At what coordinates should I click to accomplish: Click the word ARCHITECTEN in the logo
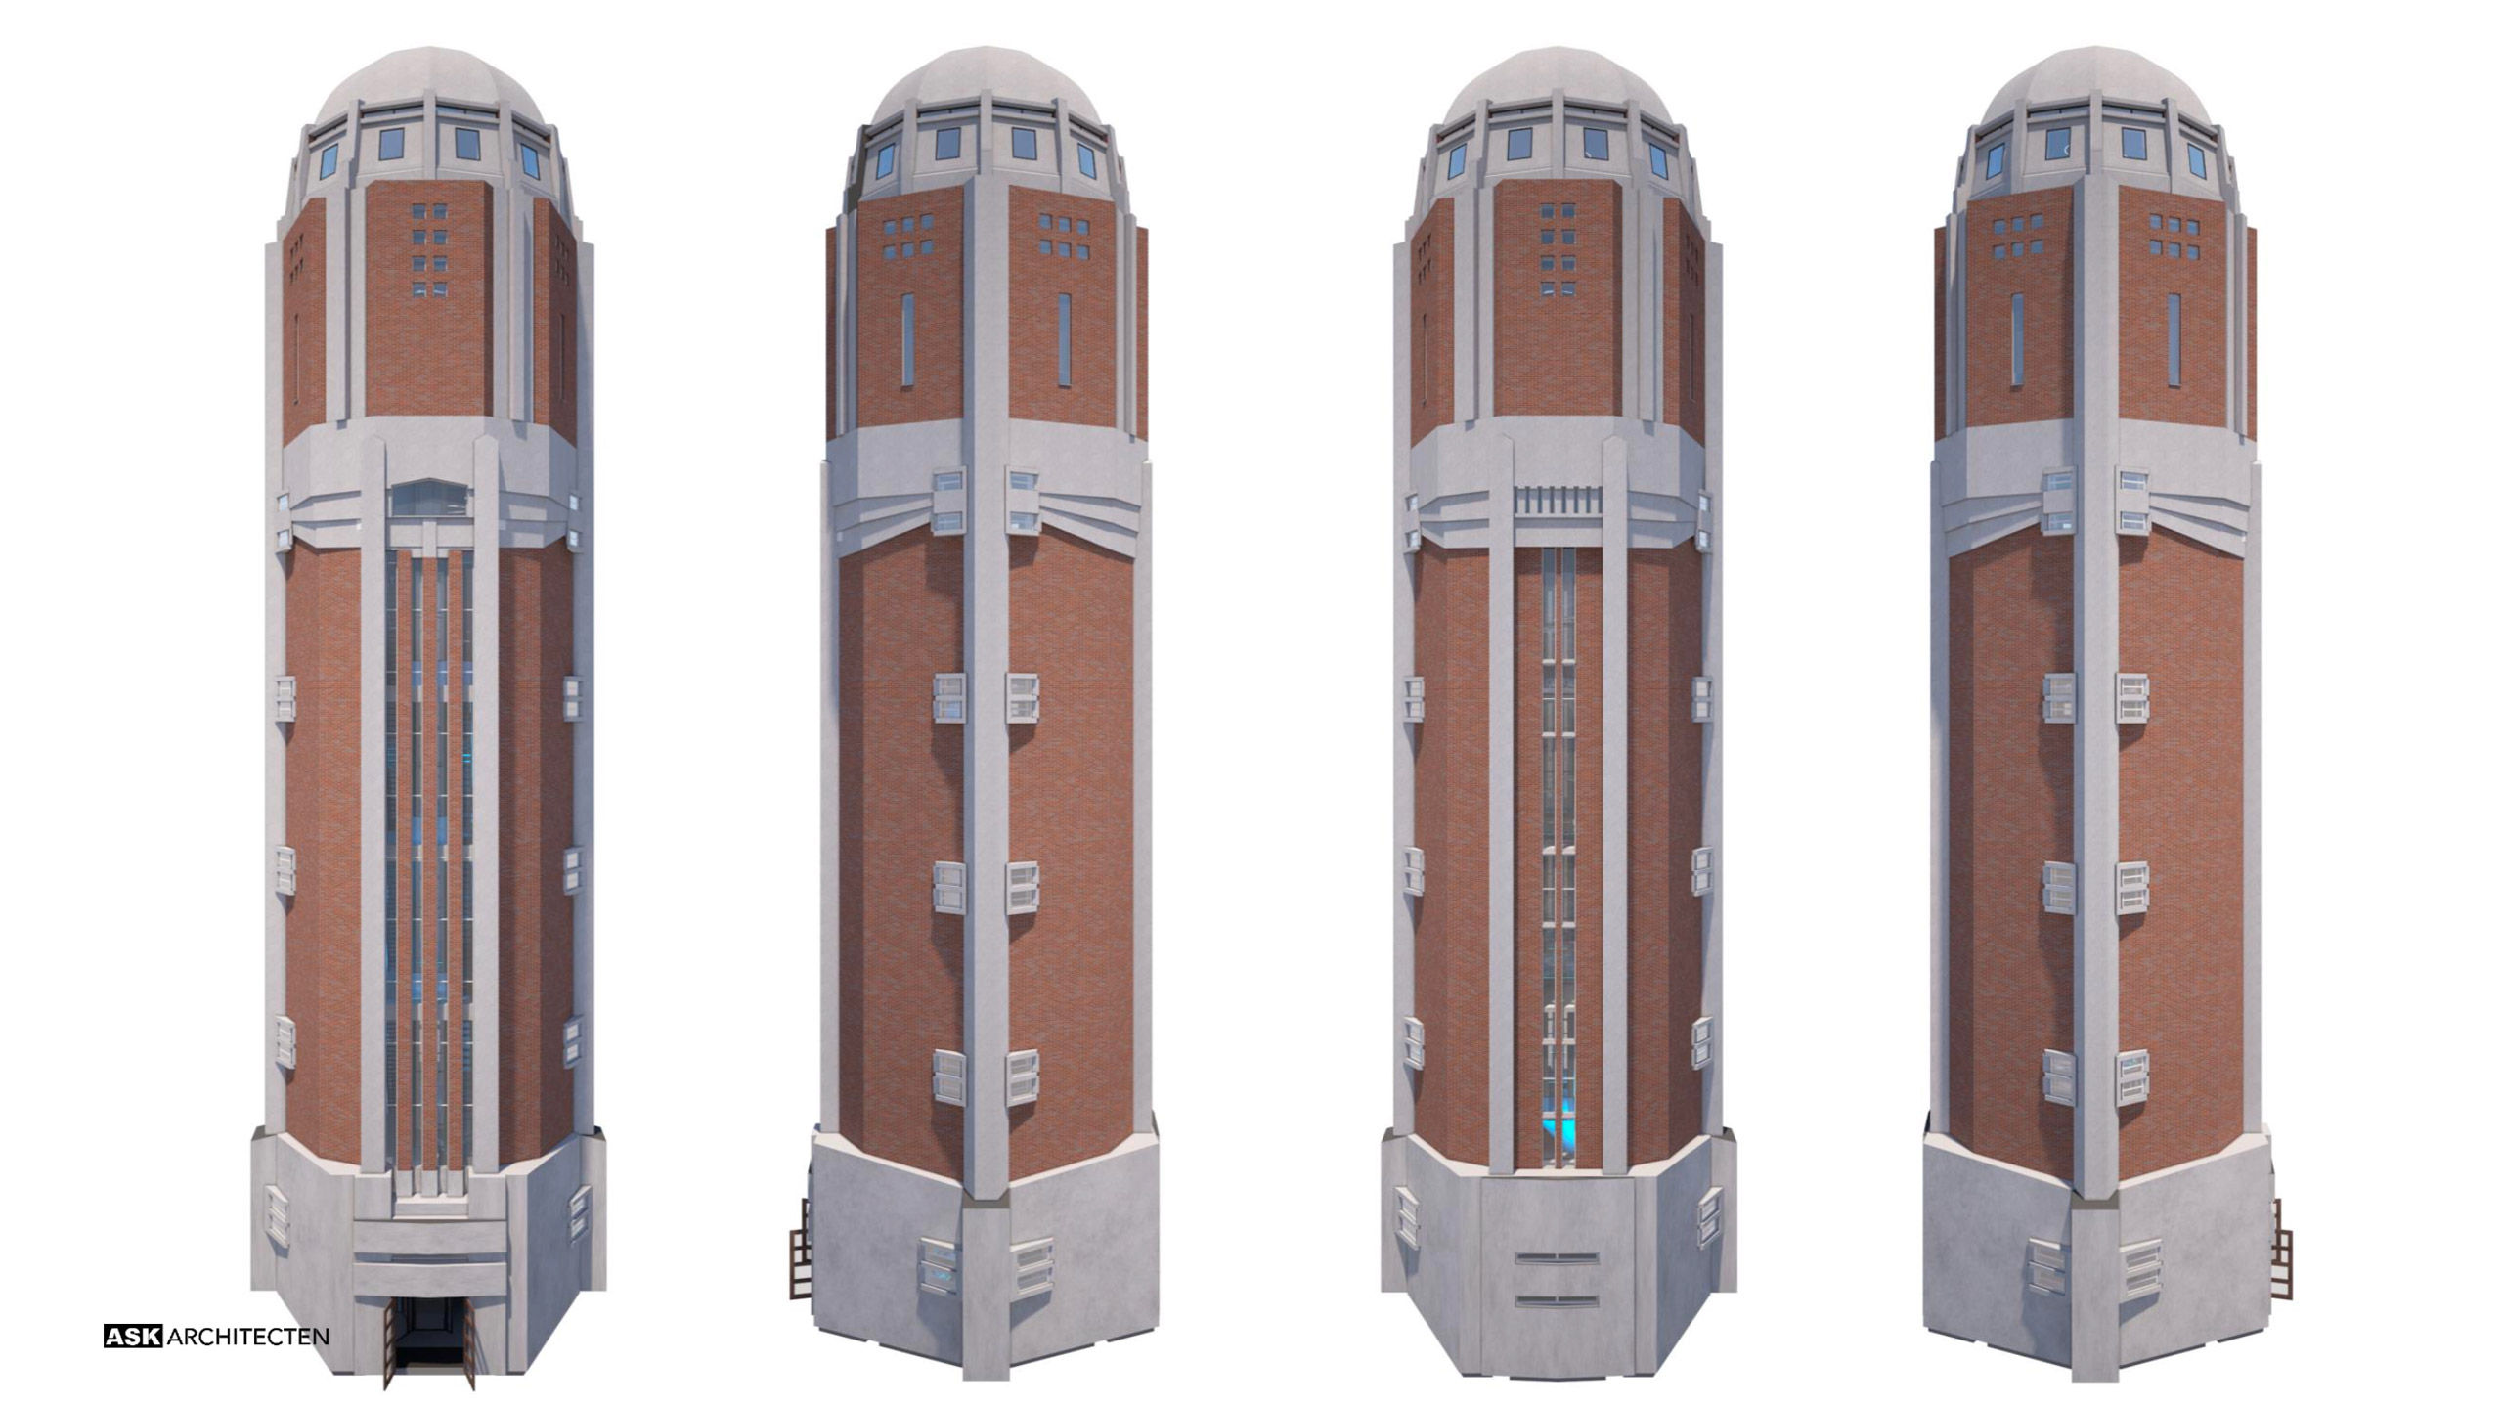click(x=248, y=1337)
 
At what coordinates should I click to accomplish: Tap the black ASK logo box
click(x=133, y=1337)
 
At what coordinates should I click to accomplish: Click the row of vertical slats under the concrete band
click(x=1558, y=501)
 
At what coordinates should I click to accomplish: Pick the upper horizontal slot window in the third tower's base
click(x=1557, y=1258)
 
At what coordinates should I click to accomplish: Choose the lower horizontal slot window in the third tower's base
click(x=1557, y=1302)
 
